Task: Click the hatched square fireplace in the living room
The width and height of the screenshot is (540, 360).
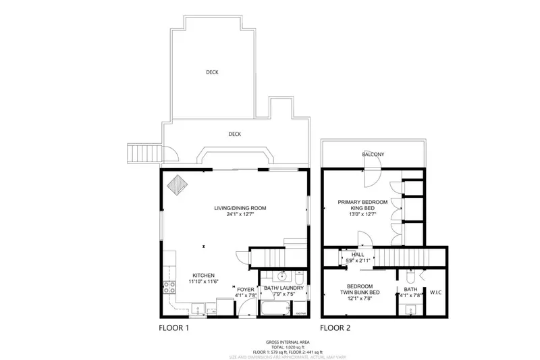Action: coord(179,184)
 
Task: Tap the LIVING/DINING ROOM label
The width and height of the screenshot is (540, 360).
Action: coord(236,208)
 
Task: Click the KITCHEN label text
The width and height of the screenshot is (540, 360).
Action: coord(203,276)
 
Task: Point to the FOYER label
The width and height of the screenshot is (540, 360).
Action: coord(245,288)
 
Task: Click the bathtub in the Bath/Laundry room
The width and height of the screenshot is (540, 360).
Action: coord(274,310)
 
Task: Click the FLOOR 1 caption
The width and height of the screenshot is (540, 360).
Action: coord(173,328)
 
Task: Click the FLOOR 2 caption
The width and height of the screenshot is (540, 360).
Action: coord(336,328)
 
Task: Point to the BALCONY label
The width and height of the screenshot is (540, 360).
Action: coord(373,155)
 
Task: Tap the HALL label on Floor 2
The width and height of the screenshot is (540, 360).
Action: coord(348,254)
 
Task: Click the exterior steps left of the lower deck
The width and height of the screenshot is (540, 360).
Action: coord(143,155)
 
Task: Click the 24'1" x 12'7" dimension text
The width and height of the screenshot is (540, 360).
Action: coord(236,215)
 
